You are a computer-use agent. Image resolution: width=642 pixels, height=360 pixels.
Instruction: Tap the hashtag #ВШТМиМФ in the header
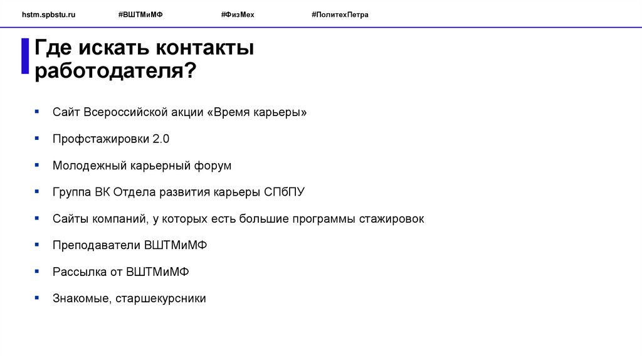click(x=140, y=14)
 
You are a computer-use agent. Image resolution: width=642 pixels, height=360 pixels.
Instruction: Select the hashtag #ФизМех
click(x=238, y=14)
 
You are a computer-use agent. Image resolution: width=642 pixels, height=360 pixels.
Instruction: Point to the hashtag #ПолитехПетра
click(x=340, y=14)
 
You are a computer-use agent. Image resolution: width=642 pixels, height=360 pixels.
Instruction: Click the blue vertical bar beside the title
click(x=25, y=56)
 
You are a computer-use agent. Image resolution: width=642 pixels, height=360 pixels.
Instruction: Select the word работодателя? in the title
click(x=115, y=70)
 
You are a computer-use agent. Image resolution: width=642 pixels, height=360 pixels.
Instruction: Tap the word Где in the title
click(x=54, y=48)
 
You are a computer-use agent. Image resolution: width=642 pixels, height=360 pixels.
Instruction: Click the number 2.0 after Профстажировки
click(x=161, y=139)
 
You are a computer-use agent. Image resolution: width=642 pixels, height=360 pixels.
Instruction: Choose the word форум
click(x=212, y=166)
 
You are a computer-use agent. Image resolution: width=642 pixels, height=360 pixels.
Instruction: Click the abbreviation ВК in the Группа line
click(x=103, y=192)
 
